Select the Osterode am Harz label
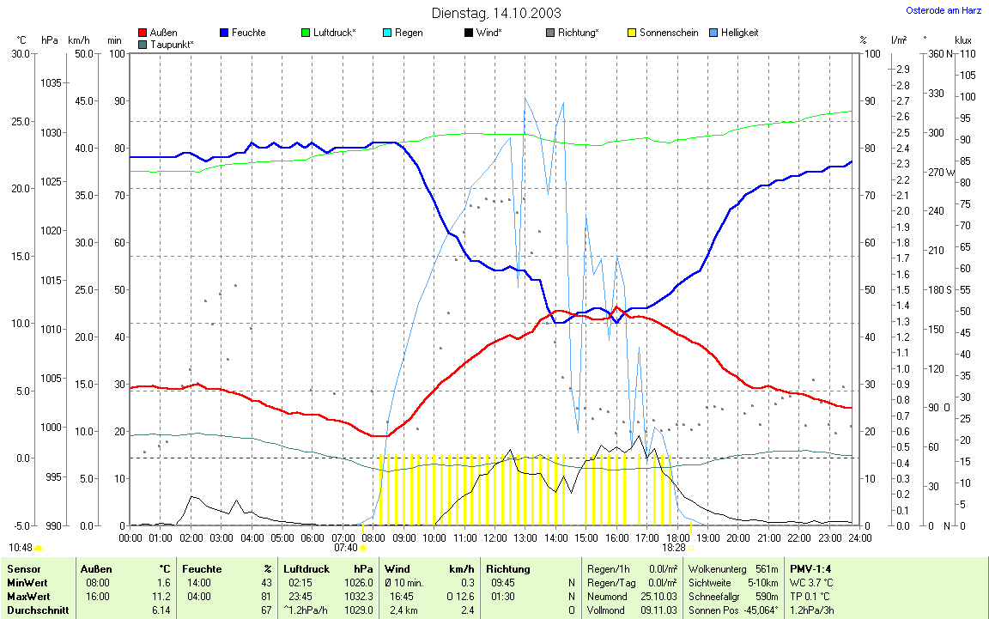click(945, 10)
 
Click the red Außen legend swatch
click(143, 33)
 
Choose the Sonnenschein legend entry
click(669, 33)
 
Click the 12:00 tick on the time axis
click(494, 538)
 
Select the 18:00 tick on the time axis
click(677, 538)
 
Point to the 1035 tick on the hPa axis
click(52, 83)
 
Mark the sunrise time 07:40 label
click(345, 548)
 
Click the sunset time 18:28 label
click(674, 548)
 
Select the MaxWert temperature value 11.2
click(161, 597)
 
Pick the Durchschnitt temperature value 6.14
click(161, 610)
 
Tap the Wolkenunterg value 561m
click(767, 569)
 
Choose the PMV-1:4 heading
click(810, 569)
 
